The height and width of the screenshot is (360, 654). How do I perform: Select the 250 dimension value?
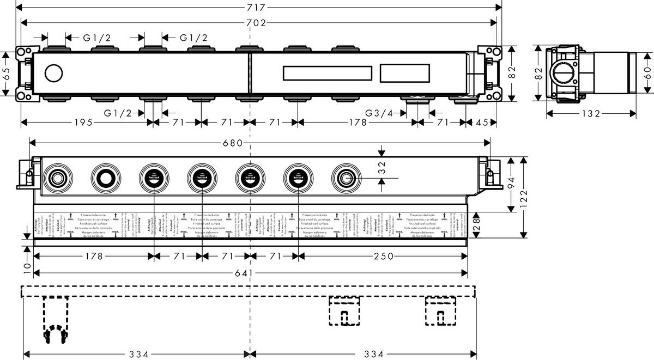(383, 257)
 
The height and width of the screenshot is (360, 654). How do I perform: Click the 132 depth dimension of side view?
(590, 113)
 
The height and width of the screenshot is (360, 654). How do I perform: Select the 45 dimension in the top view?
(482, 123)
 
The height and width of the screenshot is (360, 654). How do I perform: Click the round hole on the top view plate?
(53, 72)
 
